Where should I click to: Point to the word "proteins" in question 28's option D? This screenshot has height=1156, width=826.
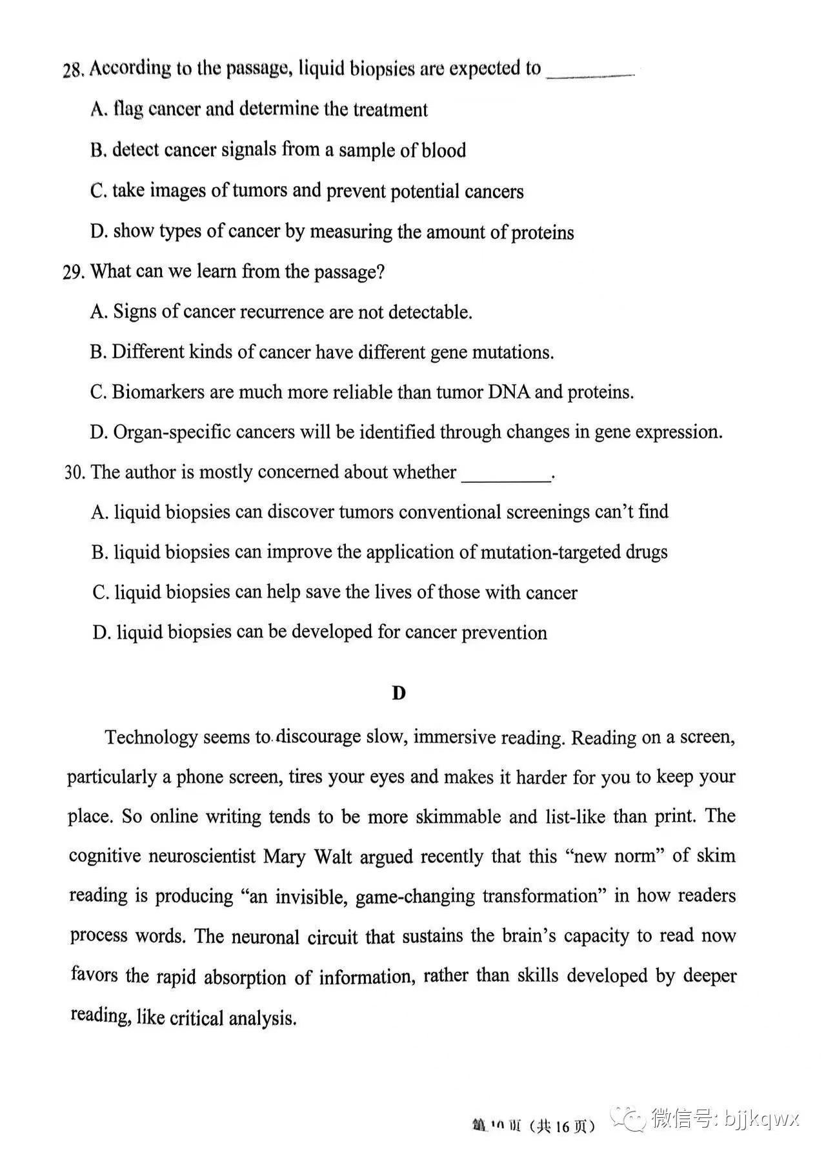(x=542, y=232)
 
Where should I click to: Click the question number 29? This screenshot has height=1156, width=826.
(x=74, y=272)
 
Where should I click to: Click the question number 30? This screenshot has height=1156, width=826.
(x=74, y=472)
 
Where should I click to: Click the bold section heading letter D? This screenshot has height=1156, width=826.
(x=399, y=693)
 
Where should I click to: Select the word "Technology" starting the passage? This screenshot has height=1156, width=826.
(x=150, y=737)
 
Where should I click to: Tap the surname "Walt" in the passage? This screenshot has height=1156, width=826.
(x=333, y=857)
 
